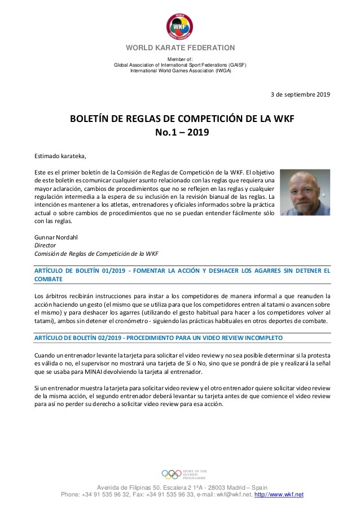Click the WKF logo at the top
point(179,25)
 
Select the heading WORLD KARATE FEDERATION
point(180,48)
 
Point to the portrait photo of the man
point(305,192)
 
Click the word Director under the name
point(46,245)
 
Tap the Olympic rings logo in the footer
point(171,474)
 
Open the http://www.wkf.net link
point(279,495)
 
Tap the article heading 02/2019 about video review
point(159,337)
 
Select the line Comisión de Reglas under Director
point(96,254)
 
